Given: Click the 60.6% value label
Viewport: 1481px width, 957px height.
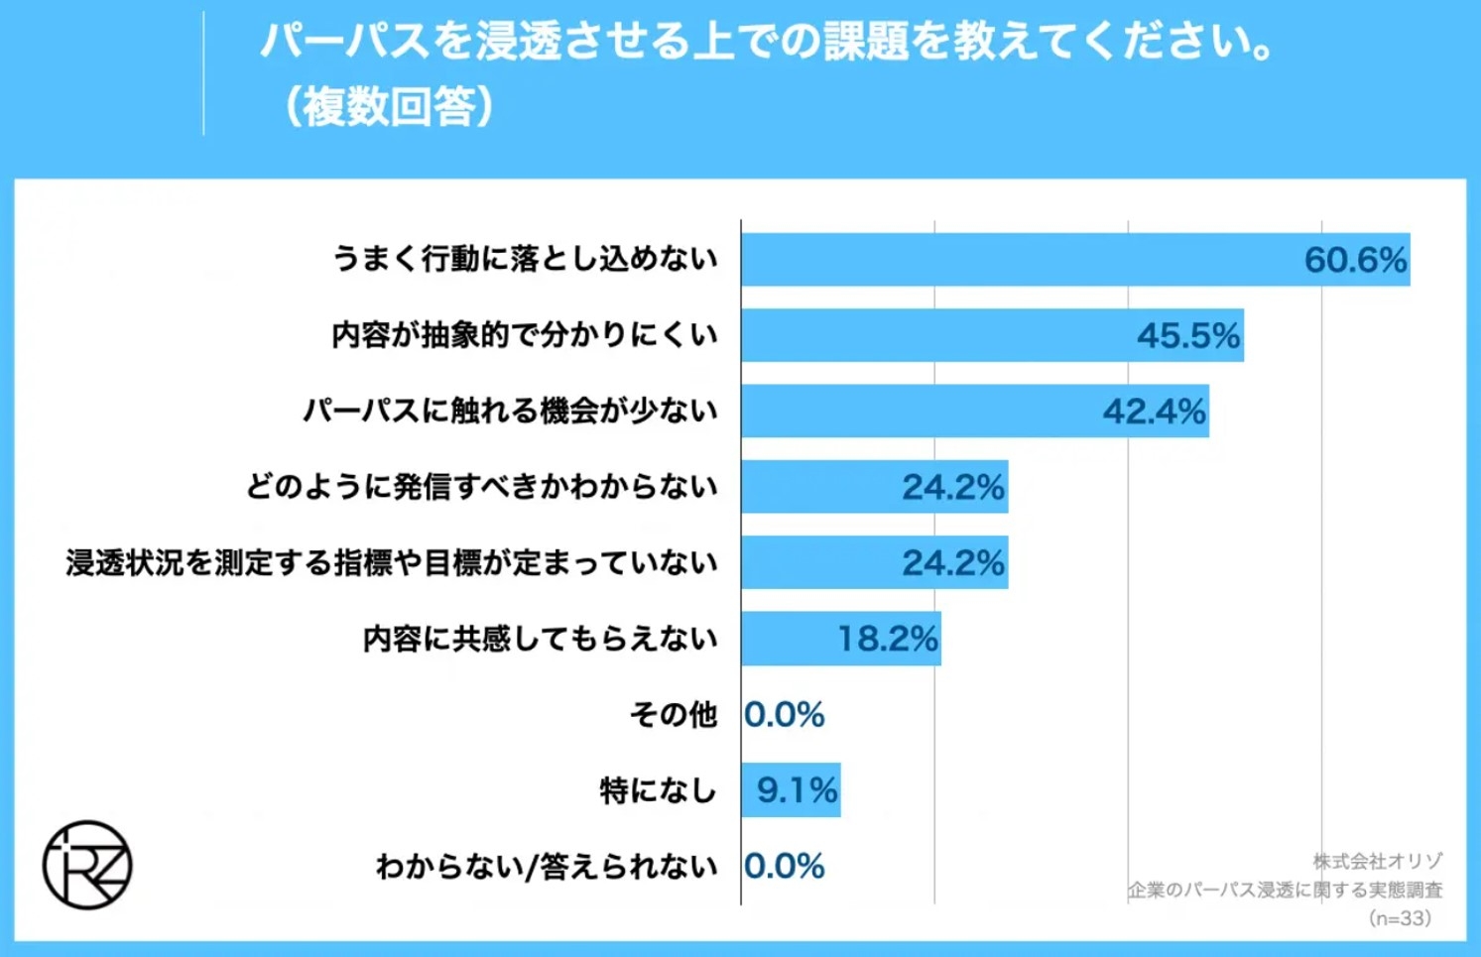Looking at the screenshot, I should pos(1354,260).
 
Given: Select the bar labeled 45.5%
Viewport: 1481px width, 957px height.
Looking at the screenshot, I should pos(992,335).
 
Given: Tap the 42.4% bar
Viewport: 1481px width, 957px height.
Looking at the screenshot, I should pos(974,411).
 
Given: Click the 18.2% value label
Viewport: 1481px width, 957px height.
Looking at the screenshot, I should pos(887,639).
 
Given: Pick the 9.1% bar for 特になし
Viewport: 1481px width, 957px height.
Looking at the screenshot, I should pos(791,790).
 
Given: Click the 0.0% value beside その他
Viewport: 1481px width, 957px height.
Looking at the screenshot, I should pos(784,715).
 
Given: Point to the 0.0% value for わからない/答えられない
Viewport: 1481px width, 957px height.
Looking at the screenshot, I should pos(784,867).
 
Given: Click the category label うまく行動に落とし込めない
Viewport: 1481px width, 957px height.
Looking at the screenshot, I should pos(524,260).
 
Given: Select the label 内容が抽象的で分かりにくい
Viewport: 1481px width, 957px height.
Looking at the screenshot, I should pos(524,335).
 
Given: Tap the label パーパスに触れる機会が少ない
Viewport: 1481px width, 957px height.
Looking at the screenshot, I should pos(510,411).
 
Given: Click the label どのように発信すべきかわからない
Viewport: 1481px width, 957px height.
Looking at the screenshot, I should pos(481,487).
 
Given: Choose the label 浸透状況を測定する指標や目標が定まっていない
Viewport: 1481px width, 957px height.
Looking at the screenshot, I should pos(392,563).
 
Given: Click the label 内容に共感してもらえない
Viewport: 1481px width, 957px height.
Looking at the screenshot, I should pos(540,639).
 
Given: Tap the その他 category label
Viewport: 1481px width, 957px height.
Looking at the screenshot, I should pos(673,715).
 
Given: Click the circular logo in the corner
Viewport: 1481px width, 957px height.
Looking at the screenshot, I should pos(87,865).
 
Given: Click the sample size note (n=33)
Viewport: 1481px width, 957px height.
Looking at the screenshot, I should pos(1400,918).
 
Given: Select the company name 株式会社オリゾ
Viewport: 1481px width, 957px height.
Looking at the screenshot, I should pos(1377,861).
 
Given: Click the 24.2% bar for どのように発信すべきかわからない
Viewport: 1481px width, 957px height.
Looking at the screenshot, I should pos(873,487).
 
